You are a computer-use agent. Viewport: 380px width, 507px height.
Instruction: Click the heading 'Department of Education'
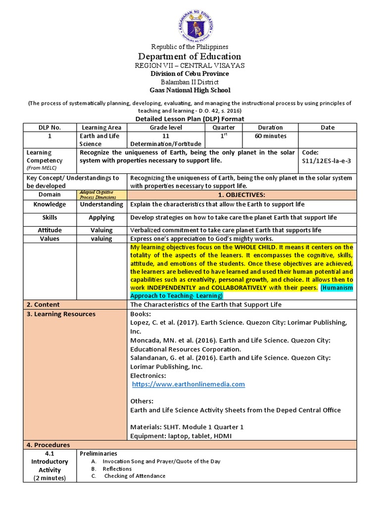pyautogui.click(x=190, y=56)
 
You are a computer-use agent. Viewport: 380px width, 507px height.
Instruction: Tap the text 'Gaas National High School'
pyautogui.click(x=190, y=90)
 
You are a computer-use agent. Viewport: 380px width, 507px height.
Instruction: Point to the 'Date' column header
pyautogui.click(x=327, y=127)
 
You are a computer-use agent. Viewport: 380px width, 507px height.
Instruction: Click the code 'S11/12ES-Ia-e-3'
pyautogui.click(x=325, y=160)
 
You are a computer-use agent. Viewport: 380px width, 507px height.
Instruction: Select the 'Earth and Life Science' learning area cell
pyautogui.click(x=101, y=140)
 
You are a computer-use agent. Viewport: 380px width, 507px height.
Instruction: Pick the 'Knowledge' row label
pyautogui.click(x=49, y=204)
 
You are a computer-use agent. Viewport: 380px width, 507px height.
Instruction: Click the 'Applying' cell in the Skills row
pyautogui.click(x=101, y=217)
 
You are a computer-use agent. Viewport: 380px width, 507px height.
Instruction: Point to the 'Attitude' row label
pyautogui.click(x=49, y=230)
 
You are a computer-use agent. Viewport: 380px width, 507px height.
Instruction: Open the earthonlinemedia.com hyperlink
pyautogui.click(x=188, y=384)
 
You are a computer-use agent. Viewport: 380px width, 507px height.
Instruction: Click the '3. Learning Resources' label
pyautogui.click(x=61, y=314)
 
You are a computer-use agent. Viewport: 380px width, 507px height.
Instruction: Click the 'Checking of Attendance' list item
pyautogui.click(x=135, y=476)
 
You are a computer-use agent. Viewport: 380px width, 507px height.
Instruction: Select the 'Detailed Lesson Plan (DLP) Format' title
pyautogui.click(x=190, y=119)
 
